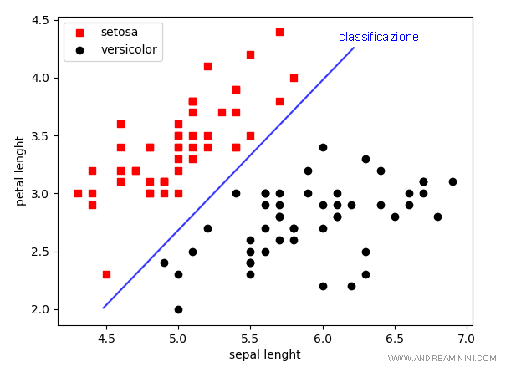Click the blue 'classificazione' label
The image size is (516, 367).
[378, 37]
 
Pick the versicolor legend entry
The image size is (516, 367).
[125, 49]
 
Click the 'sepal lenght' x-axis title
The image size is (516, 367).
[264, 354]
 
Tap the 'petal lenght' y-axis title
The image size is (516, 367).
[20, 171]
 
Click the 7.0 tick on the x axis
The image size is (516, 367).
[466, 339]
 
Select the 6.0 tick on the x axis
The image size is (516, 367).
[322, 339]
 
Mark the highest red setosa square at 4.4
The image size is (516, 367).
[279, 32]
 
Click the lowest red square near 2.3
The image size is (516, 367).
[106, 274]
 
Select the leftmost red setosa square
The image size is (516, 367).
[78, 193]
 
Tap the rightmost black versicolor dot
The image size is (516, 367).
[452, 181]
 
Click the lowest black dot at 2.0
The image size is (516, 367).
[178, 309]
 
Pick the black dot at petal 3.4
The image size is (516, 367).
[323, 147]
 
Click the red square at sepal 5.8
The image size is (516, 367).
[294, 78]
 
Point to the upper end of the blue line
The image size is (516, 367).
[354, 48]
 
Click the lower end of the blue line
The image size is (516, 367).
[104, 308]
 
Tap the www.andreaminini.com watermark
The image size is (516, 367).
[442, 358]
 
